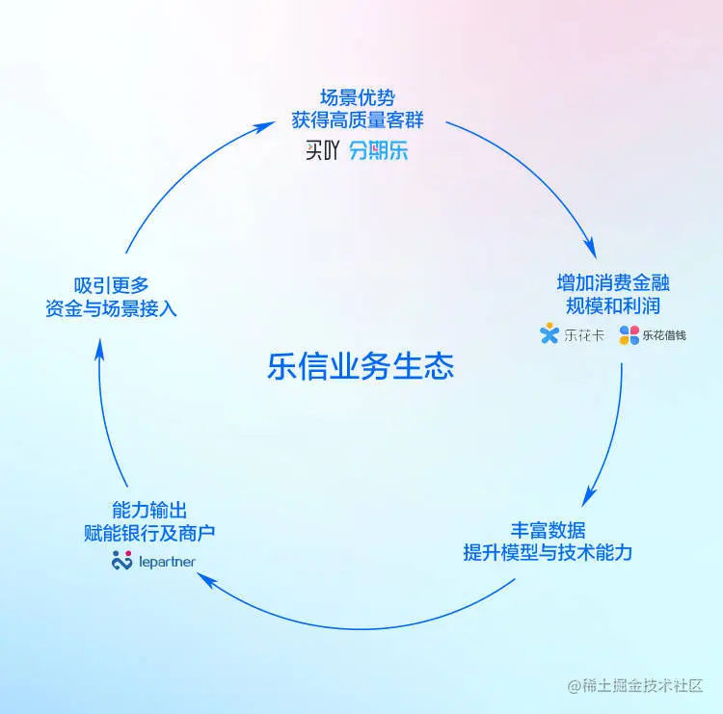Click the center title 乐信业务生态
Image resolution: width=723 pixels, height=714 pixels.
(x=361, y=367)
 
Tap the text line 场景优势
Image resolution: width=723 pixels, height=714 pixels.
(x=358, y=98)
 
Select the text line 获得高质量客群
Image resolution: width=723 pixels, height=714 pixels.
(x=358, y=120)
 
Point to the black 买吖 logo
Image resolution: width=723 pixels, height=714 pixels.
(x=321, y=151)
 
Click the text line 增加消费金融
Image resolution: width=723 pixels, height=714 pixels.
(x=613, y=283)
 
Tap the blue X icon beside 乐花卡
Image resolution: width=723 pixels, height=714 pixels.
(x=549, y=335)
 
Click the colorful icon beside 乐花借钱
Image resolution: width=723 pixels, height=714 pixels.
(x=629, y=335)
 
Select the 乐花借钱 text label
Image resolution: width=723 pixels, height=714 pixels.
(x=665, y=336)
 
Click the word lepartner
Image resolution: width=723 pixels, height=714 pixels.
(x=167, y=560)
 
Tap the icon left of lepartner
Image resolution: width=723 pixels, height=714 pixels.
(x=121, y=560)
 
